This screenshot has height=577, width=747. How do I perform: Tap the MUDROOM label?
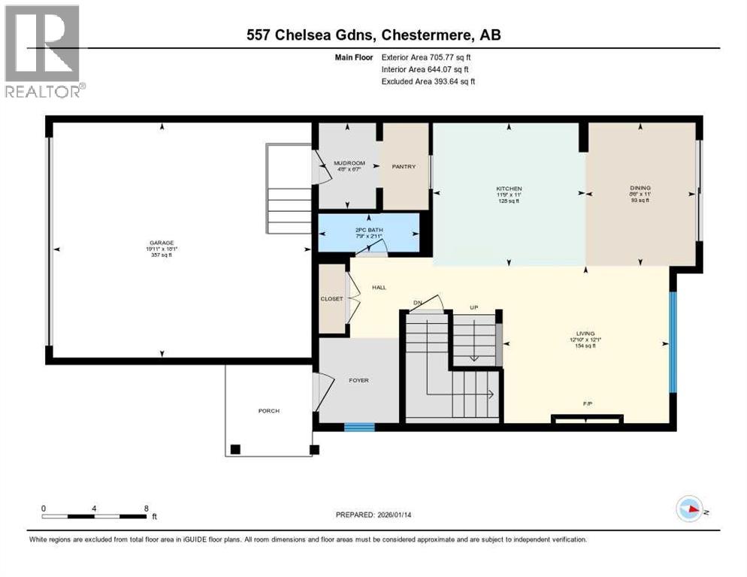click(x=349, y=163)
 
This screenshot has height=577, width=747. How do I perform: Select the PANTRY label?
click(x=404, y=167)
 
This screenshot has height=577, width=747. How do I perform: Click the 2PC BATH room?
click(x=369, y=232)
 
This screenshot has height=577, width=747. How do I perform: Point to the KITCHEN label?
click(x=509, y=189)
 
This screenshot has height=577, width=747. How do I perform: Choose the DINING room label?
click(x=640, y=188)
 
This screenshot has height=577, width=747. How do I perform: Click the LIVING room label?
click(x=585, y=333)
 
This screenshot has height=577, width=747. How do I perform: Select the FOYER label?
click(x=358, y=380)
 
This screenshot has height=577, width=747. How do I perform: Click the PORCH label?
click(x=269, y=411)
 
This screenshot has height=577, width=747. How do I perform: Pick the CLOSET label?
click(x=331, y=298)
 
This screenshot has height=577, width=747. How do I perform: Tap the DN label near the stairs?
click(x=417, y=304)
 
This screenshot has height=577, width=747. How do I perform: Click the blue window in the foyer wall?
click(x=359, y=427)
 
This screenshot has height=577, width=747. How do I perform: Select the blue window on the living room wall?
click(x=673, y=342)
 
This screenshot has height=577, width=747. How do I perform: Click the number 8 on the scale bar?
click(x=145, y=508)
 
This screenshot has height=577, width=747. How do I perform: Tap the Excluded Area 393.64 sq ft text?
click(x=428, y=81)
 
